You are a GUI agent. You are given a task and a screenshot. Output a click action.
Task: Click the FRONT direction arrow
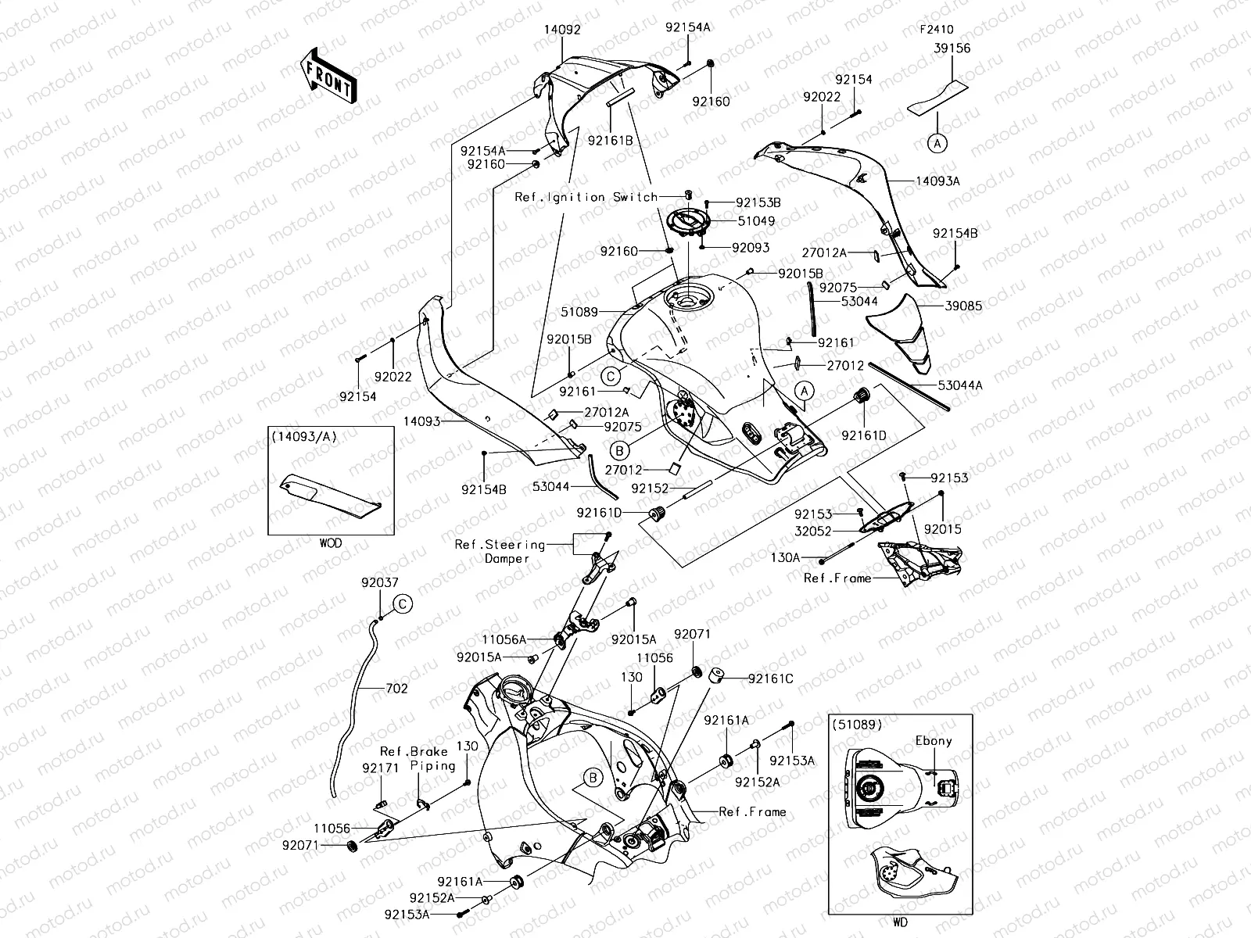coord(328,76)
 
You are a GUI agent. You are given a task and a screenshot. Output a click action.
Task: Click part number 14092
coord(562,30)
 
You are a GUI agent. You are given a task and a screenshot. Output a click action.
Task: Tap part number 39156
coord(951,48)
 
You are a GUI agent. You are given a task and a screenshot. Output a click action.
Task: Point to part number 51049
coord(755,221)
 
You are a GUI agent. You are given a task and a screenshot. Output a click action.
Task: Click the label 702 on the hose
coord(396,689)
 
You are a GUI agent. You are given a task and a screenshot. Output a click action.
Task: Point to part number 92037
coord(380,583)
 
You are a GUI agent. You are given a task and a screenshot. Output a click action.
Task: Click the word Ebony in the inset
coord(933,740)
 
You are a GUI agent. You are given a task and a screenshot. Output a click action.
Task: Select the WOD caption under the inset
coord(330,542)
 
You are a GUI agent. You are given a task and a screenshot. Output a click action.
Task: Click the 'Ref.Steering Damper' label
coord(500,551)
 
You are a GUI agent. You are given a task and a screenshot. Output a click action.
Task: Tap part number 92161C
coord(770,678)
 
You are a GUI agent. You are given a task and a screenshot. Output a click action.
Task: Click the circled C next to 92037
coord(402,603)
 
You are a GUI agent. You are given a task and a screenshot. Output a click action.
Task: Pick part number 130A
coord(786,558)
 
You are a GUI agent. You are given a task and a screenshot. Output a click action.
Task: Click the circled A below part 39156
coord(937,143)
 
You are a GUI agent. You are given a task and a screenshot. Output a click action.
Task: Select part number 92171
coord(381,768)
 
